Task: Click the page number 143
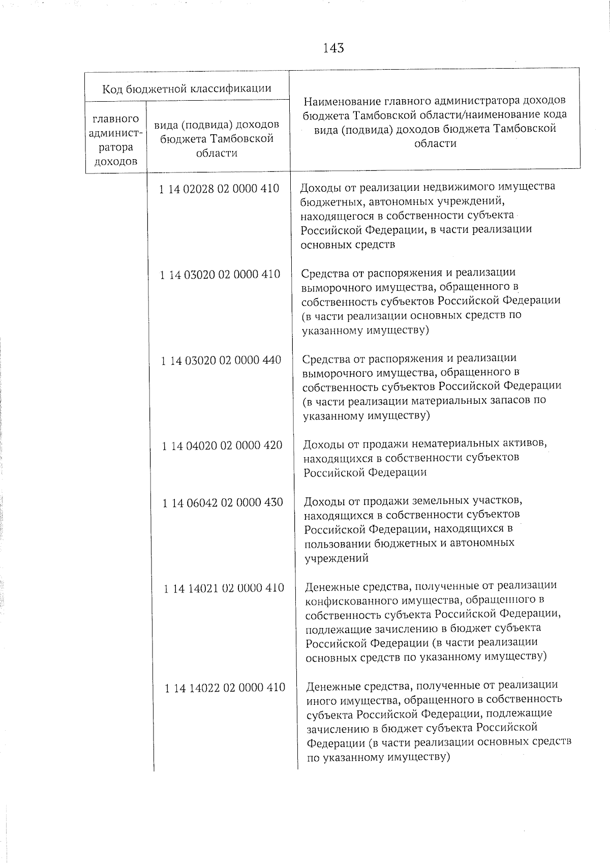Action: pos(333,48)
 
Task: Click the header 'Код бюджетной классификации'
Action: pos(187,89)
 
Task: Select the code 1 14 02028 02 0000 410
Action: pos(219,189)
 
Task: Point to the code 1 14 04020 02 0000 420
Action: pos(222,446)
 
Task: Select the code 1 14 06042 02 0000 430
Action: pos(223,503)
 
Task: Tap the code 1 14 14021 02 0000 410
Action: pos(224,588)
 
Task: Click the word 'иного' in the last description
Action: pos(319,699)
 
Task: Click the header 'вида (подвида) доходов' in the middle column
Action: pos(217,125)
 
